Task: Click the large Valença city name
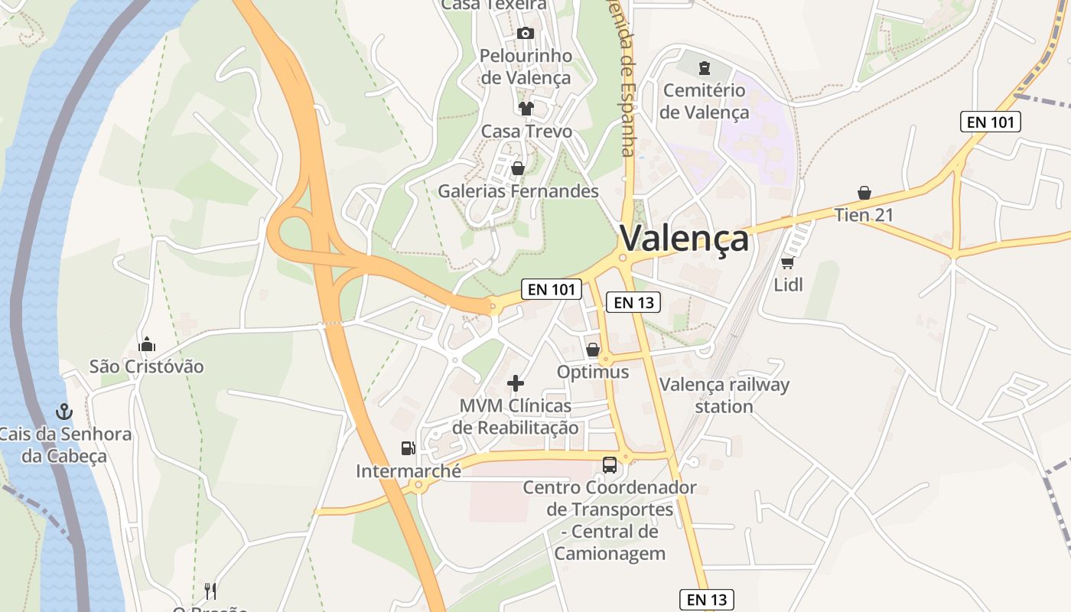click(684, 238)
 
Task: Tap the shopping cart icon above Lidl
click(787, 262)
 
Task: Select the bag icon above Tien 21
click(864, 192)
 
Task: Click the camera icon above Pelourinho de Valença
click(525, 33)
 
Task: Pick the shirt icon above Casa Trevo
click(526, 108)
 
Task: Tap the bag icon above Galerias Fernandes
click(518, 168)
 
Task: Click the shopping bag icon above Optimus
click(592, 350)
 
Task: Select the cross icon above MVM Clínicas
click(516, 382)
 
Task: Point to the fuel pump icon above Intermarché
click(408, 448)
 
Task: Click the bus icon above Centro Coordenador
click(609, 464)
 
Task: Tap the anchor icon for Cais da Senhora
click(64, 412)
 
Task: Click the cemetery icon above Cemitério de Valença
click(703, 68)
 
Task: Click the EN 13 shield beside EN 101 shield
click(633, 302)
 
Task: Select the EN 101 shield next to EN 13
click(552, 289)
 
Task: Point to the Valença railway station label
click(724, 395)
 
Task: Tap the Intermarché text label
click(409, 471)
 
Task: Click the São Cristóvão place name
click(147, 366)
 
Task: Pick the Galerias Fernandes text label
click(518, 191)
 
